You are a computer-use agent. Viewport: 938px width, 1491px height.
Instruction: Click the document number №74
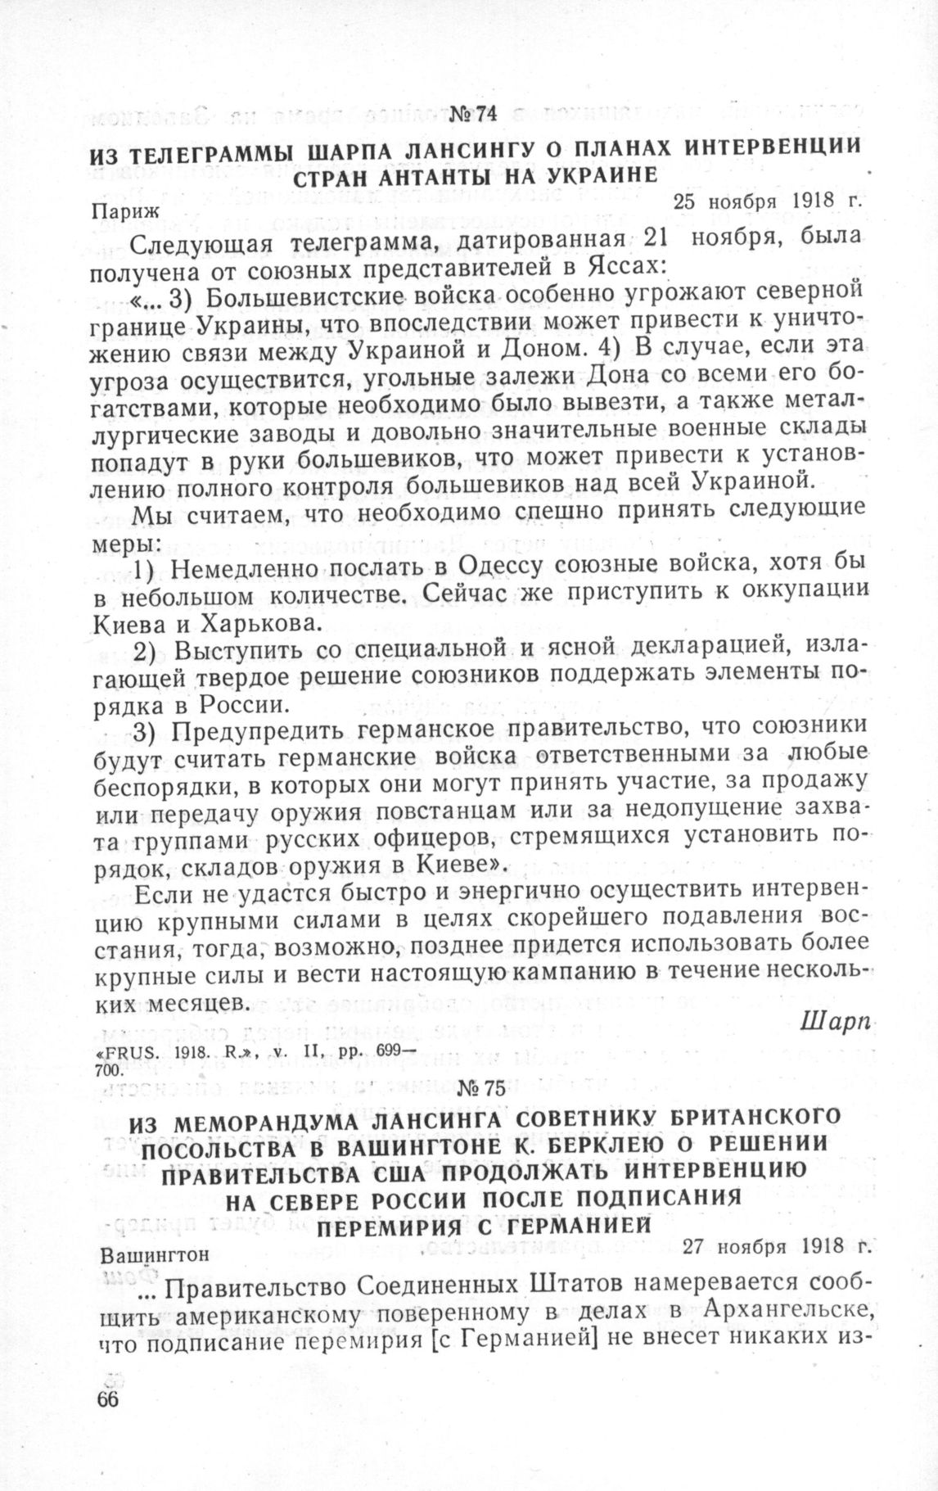pyautogui.click(x=474, y=114)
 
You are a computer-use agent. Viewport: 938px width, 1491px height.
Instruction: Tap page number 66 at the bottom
pyautogui.click(x=107, y=1398)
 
